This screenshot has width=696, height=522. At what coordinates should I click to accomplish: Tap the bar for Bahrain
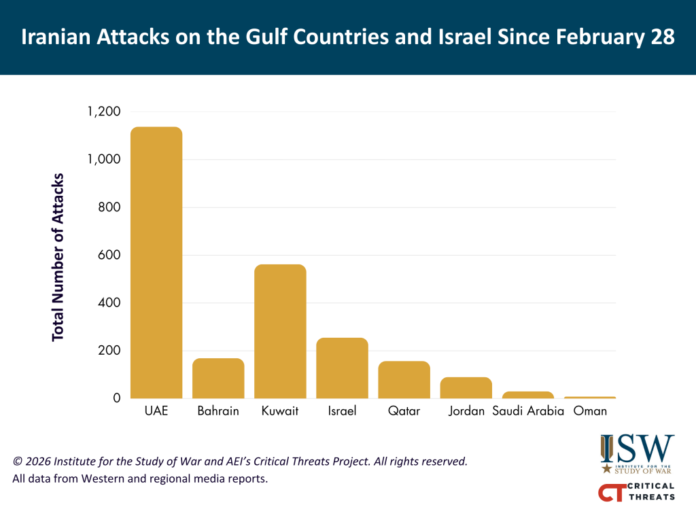click(218, 378)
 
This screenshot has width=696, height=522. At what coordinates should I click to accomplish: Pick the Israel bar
click(342, 368)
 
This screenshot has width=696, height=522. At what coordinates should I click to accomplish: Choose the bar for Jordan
click(466, 387)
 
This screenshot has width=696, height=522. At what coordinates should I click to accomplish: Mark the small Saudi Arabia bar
click(528, 395)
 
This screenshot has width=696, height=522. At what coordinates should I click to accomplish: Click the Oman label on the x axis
click(590, 411)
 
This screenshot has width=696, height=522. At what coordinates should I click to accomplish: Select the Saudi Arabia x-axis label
click(528, 411)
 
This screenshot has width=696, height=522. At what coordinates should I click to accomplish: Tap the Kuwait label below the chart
click(280, 411)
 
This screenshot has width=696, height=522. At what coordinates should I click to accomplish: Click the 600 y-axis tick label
click(111, 255)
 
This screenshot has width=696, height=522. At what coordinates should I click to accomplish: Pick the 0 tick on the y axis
click(117, 398)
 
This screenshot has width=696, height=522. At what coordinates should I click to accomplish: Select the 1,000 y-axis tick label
click(104, 159)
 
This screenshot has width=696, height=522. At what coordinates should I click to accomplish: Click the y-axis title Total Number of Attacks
click(58, 257)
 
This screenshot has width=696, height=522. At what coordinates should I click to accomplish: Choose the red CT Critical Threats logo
click(636, 492)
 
